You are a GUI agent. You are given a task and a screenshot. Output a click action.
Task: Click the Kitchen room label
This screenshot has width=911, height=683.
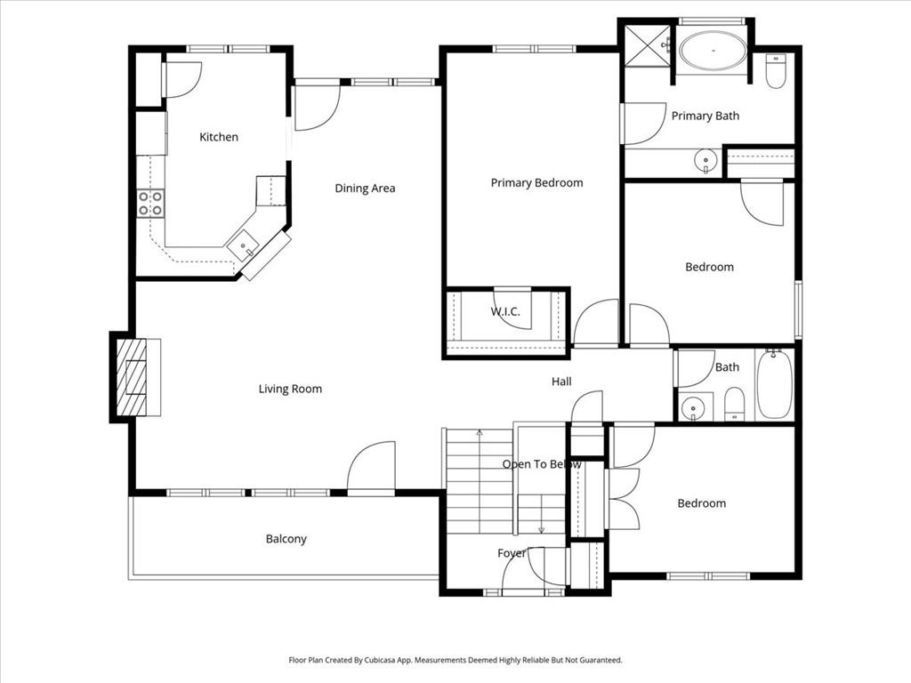coord(219,137)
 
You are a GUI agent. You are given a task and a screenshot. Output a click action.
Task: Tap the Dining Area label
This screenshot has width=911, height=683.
coord(365,189)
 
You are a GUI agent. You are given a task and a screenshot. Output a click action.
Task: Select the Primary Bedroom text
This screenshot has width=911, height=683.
coord(536,183)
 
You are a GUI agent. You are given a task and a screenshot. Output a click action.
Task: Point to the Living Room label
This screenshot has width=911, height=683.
coord(290,390)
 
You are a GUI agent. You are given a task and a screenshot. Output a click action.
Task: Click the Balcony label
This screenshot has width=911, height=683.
coord(286,539)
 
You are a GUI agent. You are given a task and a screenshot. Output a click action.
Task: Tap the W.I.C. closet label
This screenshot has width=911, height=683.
coord(505,312)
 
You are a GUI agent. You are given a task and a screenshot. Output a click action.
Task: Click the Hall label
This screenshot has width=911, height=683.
coord(561,382)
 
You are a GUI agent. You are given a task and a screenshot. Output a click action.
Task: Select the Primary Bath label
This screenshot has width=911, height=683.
coord(705,117)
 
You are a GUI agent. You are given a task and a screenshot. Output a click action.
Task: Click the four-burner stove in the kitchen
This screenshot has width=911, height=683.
coord(150,204)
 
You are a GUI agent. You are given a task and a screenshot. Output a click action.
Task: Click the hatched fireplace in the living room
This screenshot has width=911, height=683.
coord(132,377)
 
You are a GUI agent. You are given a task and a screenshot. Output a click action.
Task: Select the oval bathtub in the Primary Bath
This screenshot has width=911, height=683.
coord(713,51)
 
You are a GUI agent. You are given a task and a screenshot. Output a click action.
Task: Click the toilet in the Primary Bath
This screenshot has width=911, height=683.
coord(776,71)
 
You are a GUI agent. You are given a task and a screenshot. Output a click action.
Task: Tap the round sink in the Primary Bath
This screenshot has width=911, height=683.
coord(705,161)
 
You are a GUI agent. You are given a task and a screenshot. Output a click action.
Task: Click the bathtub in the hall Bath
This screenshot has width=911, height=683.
coord(775,384)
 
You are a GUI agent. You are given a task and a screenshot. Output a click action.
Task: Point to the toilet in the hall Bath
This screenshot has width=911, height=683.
coord(735,404)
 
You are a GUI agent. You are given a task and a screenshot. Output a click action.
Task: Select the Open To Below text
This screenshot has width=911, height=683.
coord(542,464)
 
